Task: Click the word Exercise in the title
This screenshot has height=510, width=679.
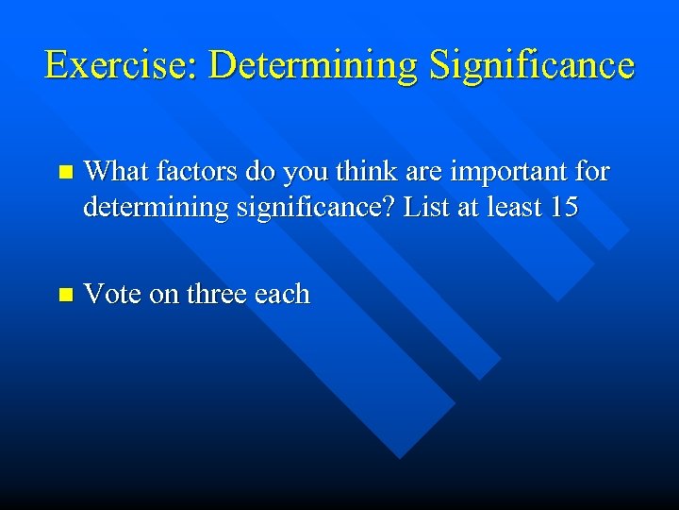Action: pyautogui.click(x=119, y=65)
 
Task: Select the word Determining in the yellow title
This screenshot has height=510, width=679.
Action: pyautogui.click(x=312, y=65)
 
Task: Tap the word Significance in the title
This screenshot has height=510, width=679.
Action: pyautogui.click(x=531, y=65)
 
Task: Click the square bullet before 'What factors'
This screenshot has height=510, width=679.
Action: pyautogui.click(x=64, y=173)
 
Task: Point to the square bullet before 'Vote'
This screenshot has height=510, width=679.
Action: pyautogui.click(x=64, y=296)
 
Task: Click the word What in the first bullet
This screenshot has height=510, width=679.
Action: pyautogui.click(x=116, y=172)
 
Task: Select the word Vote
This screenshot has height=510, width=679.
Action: pyautogui.click(x=113, y=295)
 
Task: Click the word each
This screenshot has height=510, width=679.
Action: pyautogui.click(x=282, y=295)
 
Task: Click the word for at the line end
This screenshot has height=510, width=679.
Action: pyautogui.click(x=593, y=172)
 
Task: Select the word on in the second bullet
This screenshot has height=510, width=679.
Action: pyautogui.click(x=164, y=295)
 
